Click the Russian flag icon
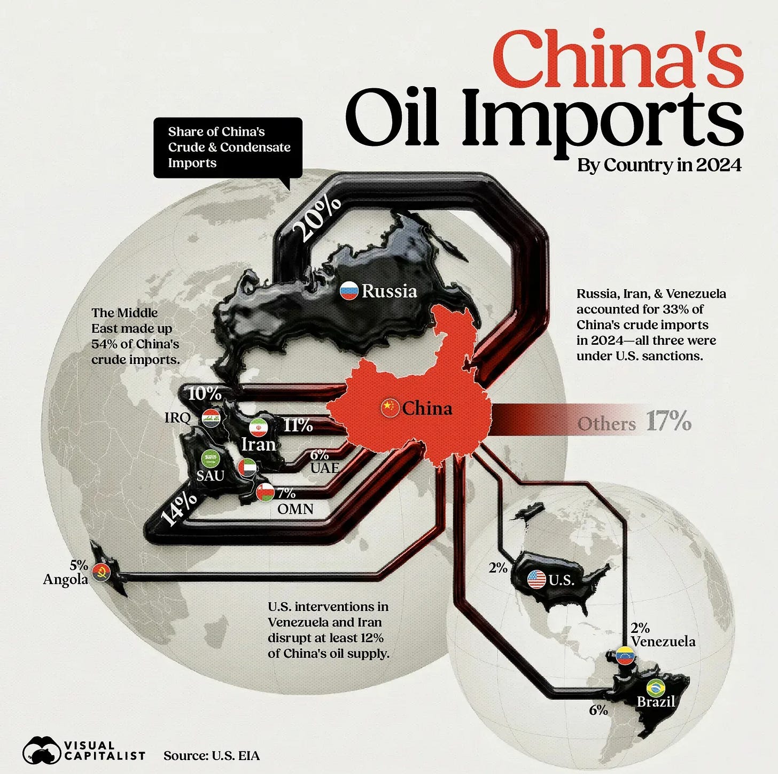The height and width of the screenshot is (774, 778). click(x=349, y=291)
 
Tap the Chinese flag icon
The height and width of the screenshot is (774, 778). click(x=390, y=408)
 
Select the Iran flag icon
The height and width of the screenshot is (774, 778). click(x=259, y=428)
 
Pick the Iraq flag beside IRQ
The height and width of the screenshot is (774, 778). click(x=211, y=418)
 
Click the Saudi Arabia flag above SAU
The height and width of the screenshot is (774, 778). click(x=210, y=459)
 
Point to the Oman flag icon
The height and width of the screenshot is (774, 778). click(x=265, y=492)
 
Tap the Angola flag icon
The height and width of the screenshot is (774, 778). click(x=101, y=572)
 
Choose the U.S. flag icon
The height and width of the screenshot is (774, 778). click(x=536, y=579)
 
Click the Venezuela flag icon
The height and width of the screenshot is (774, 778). click(x=625, y=655)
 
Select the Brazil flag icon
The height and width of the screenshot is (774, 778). click(x=655, y=688)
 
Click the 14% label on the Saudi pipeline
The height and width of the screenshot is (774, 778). click(x=180, y=508)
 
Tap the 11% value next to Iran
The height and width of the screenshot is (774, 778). click(x=298, y=425)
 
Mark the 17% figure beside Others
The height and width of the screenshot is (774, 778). click(x=668, y=422)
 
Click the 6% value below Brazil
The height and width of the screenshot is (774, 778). click(x=598, y=710)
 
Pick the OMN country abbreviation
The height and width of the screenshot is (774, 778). click(x=295, y=508)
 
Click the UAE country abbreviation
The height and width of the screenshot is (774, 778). click(x=324, y=468)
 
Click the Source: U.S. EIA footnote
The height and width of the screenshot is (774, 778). click(x=212, y=755)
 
